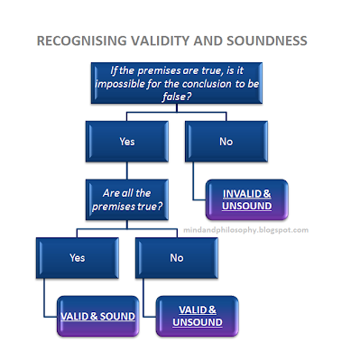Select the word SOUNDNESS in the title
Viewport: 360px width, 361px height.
[x=264, y=42]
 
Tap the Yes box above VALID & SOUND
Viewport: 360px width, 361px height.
[x=77, y=257]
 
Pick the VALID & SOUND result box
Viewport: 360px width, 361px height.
[x=101, y=316]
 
